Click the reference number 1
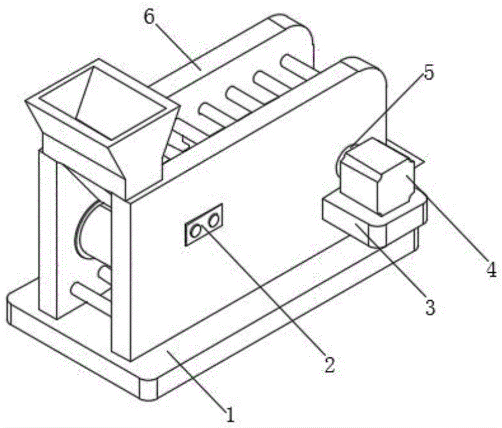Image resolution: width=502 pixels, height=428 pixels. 229,415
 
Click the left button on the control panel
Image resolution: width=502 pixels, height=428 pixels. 196,231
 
